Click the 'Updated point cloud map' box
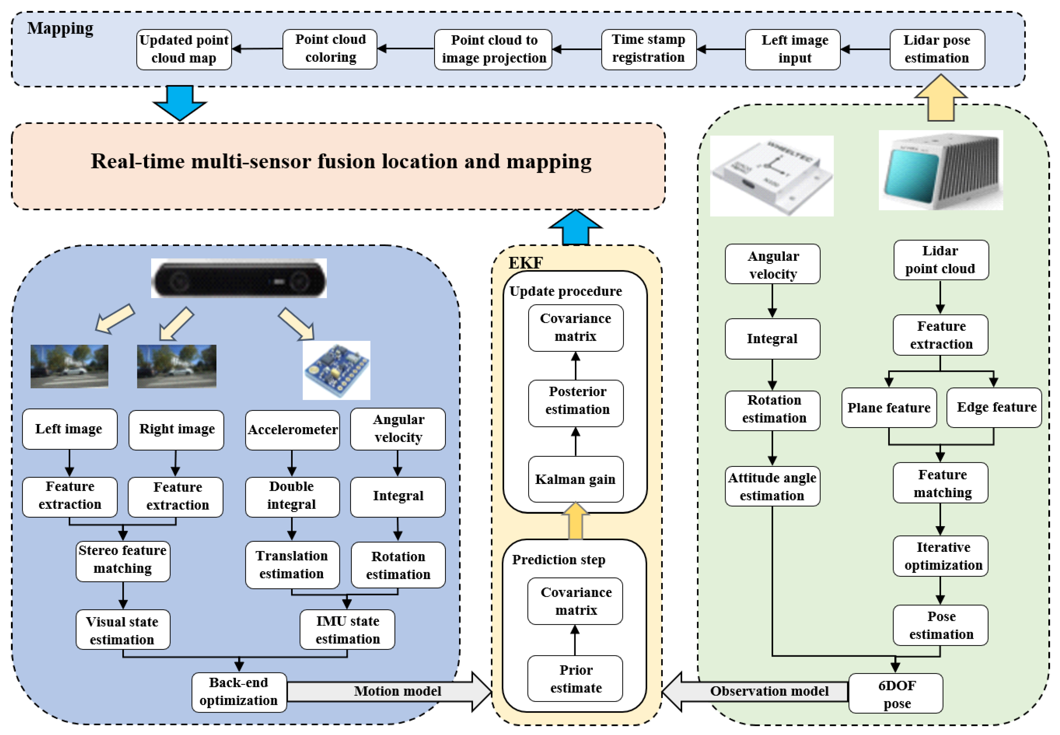tap(184, 49)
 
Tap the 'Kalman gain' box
tap(575, 479)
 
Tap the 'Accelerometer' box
tap(292, 430)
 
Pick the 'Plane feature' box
tap(888, 408)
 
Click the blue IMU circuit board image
tap(336, 370)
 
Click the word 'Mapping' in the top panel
tap(60, 28)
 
